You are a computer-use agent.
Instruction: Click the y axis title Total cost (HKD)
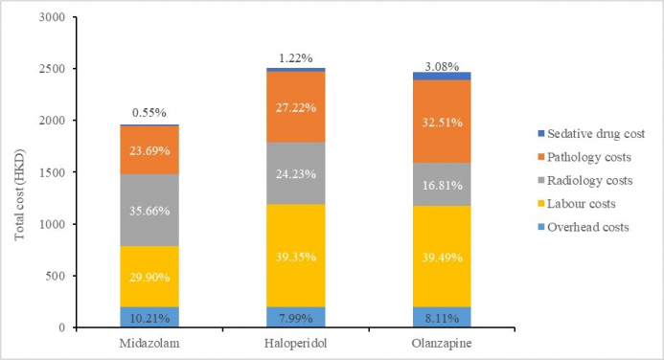tap(19, 172)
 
